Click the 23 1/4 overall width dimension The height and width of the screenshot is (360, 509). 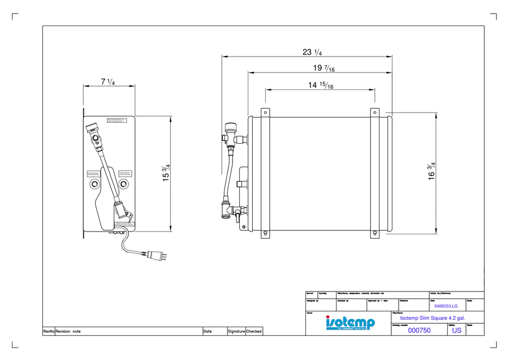click(312, 53)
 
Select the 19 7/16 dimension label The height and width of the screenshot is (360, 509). click(323, 68)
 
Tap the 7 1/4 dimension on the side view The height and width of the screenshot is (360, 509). click(107, 82)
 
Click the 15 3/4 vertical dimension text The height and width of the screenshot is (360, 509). click(166, 174)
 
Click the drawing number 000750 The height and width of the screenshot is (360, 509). click(419, 331)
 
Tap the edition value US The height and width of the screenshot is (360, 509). click(456, 331)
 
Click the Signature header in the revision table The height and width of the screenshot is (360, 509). click(236, 332)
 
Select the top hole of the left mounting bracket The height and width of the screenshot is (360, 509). click(265, 113)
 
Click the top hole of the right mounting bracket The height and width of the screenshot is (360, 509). click(374, 113)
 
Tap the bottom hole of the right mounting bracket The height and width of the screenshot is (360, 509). click(374, 233)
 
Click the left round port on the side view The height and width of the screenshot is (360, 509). click(94, 185)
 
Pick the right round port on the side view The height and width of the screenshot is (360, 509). click(123, 185)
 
